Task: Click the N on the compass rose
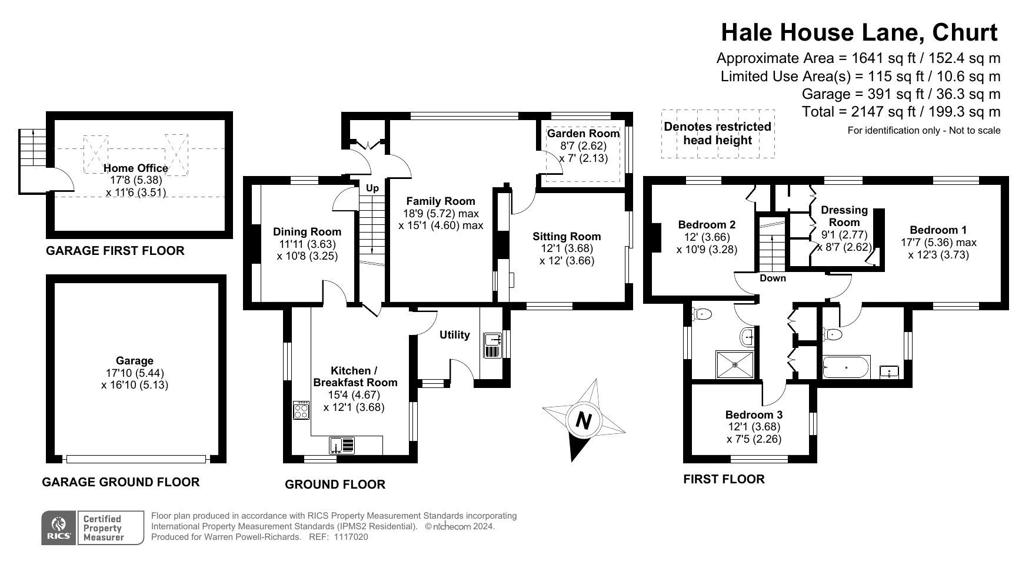pos(583,420)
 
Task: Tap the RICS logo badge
pos(59,527)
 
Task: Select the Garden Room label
pos(583,134)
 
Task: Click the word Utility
pos(455,334)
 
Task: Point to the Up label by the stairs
pos(372,188)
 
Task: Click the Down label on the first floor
pos(773,278)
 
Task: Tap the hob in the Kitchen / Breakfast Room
pos(301,410)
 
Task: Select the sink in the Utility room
pos(492,345)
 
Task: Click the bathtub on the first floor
pos(846,367)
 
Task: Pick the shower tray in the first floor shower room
pos(735,364)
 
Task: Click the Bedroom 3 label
pos(754,414)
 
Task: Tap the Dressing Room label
pos(844,216)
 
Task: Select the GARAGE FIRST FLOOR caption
pos(115,251)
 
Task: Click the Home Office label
pos(136,168)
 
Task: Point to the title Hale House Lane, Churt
pos(860,32)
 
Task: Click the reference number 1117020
pos(351,537)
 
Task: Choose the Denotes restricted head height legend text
pos(717,133)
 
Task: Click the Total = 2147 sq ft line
pos(901,112)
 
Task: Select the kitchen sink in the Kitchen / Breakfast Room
pos(342,445)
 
